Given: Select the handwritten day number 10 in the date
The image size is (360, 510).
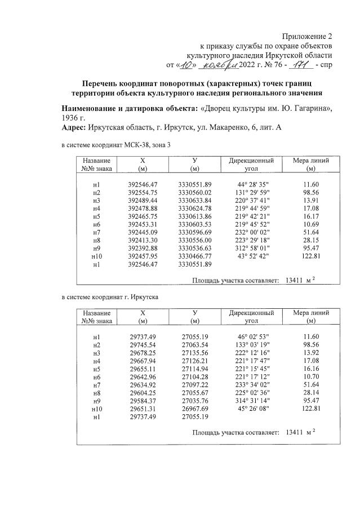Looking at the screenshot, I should pyautogui.click(x=187, y=66).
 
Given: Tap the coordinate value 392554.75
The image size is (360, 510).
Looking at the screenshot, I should pyautogui.click(x=143, y=193).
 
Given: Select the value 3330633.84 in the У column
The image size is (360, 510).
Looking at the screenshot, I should pyautogui.click(x=194, y=200).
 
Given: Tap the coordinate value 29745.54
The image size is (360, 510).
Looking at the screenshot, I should pyautogui.click(x=143, y=345).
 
